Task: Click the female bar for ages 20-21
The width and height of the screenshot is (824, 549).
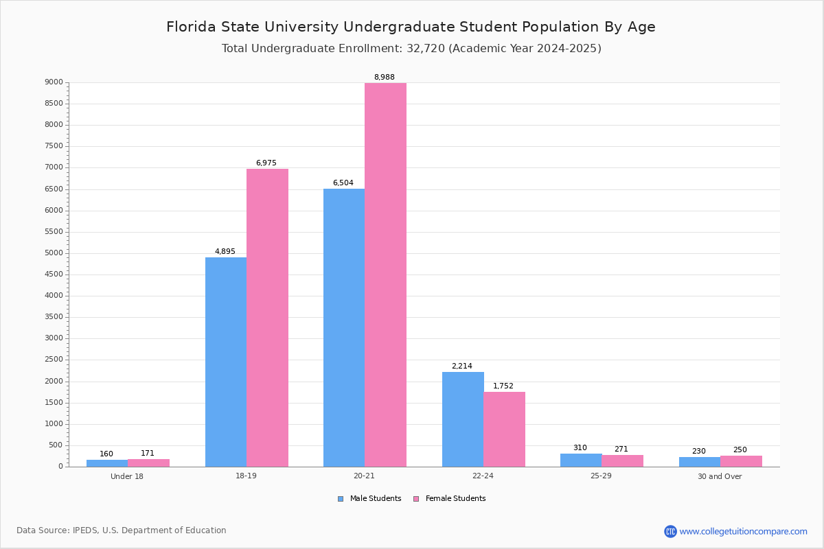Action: click(385, 274)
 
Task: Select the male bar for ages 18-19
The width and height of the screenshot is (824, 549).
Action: click(226, 362)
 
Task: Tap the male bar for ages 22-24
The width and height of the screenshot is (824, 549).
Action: click(463, 419)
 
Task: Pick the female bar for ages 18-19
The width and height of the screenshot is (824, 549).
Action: click(267, 318)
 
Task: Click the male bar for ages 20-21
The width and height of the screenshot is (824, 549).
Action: click(344, 327)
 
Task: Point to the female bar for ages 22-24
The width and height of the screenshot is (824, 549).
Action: click(504, 429)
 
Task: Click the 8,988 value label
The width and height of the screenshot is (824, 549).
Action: click(384, 78)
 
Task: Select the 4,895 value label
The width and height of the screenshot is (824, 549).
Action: click(225, 252)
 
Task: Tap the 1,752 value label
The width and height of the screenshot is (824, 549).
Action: click(503, 386)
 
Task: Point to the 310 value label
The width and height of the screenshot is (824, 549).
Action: click(580, 448)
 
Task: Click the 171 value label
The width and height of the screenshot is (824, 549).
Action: click(148, 454)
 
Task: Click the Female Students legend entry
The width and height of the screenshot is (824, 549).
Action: click(450, 499)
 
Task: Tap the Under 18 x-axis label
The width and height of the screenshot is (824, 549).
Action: click(127, 477)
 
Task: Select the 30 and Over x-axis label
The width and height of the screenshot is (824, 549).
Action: click(720, 477)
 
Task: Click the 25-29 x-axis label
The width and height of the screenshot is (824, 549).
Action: click(601, 477)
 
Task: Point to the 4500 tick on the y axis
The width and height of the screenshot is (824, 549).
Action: click(54, 274)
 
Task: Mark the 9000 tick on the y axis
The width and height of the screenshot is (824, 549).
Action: click(54, 82)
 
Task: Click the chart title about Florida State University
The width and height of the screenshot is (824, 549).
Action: click(411, 27)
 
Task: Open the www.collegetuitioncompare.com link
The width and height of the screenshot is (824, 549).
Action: click(743, 531)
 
